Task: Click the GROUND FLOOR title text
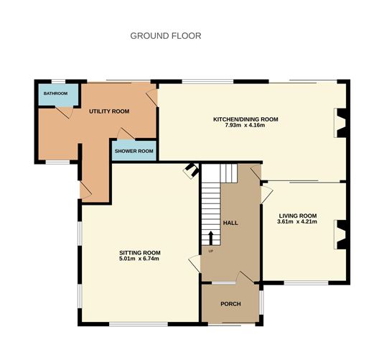click(165, 35)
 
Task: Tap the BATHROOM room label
click(55, 93)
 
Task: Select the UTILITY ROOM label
click(108, 111)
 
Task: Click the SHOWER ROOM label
click(134, 151)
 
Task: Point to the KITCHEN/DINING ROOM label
click(245, 119)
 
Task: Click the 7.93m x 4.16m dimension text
click(245, 126)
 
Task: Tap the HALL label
click(230, 223)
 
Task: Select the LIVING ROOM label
click(298, 216)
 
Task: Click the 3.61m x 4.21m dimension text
click(298, 223)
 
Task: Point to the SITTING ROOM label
click(139, 252)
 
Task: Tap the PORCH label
click(230, 304)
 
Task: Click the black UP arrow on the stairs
click(211, 238)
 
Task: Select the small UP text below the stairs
click(211, 251)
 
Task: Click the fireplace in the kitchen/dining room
click(339, 122)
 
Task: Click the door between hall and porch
click(245, 277)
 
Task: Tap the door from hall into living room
click(266, 193)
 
